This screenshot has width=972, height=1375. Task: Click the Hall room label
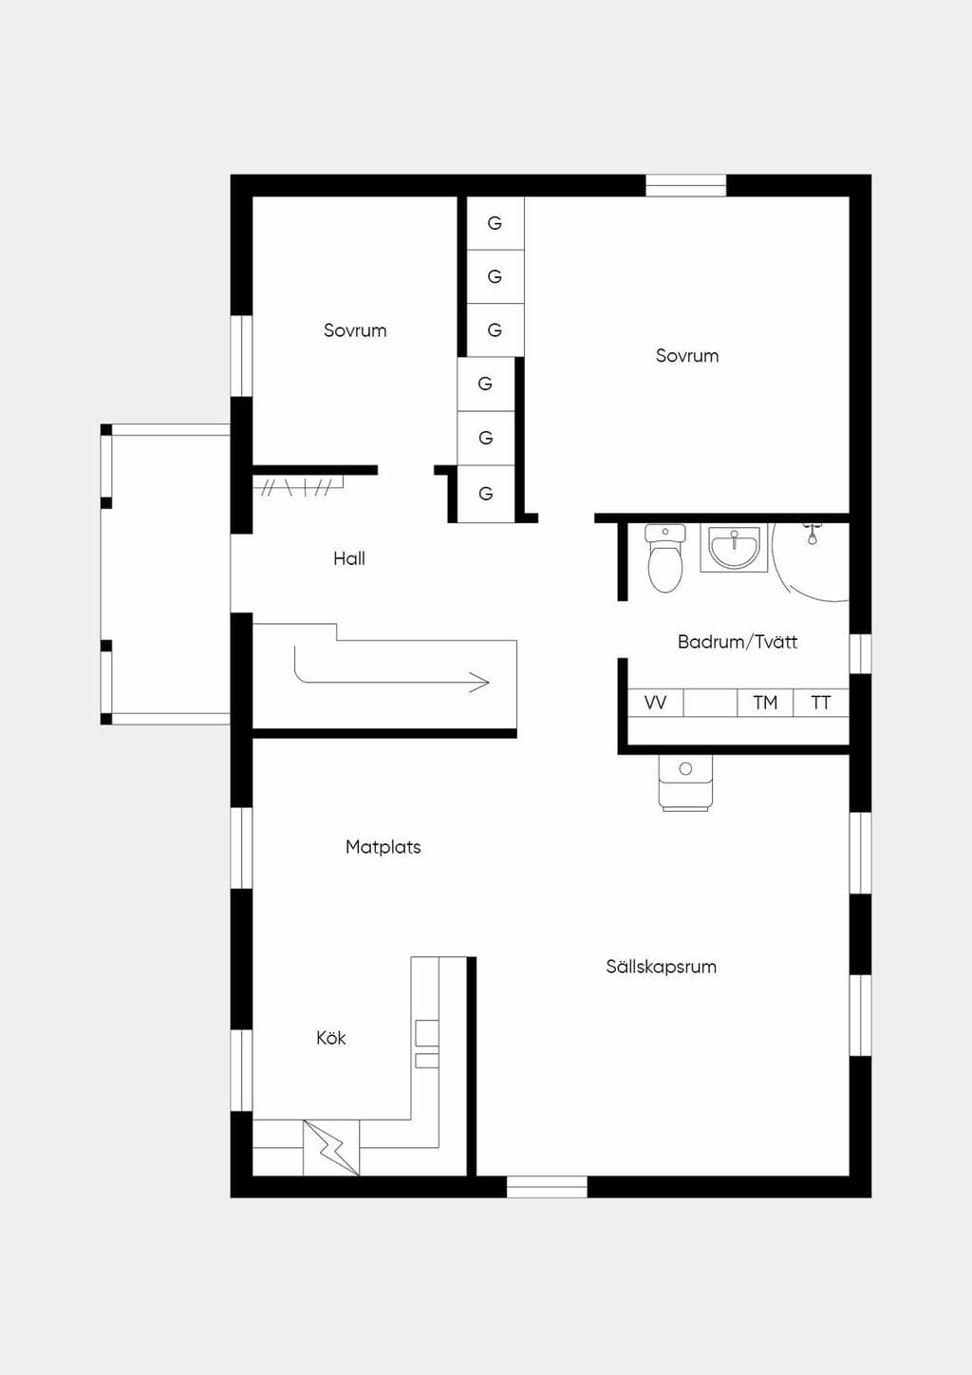pos(349,558)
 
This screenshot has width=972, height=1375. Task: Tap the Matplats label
pos(383,847)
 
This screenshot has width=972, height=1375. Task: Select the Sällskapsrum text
pos(661,967)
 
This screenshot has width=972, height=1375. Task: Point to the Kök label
pos(330,1038)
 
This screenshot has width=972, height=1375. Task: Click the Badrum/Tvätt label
pos(738,642)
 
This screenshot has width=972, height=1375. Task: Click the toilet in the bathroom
pos(665,558)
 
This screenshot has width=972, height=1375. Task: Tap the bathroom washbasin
pos(734,548)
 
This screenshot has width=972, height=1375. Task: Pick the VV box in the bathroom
pos(655,703)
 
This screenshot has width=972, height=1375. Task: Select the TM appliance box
pos(765,703)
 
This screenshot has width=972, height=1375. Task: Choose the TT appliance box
pos(821,703)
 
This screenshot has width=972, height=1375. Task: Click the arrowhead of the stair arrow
pos(480,682)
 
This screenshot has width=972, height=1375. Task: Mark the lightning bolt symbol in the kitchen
pos(331,1148)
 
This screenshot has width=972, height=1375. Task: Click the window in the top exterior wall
pos(686,185)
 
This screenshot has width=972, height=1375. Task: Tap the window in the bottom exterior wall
pos(547,1187)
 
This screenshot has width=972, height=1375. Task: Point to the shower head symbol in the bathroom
pos(813,534)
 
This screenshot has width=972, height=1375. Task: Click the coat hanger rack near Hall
pos(298,487)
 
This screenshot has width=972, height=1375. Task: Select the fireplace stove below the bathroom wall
pos(686,782)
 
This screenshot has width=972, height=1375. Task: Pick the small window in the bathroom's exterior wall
pos(860,653)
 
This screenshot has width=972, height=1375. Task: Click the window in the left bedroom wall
pos(241,356)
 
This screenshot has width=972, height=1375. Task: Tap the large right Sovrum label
pos(687,355)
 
